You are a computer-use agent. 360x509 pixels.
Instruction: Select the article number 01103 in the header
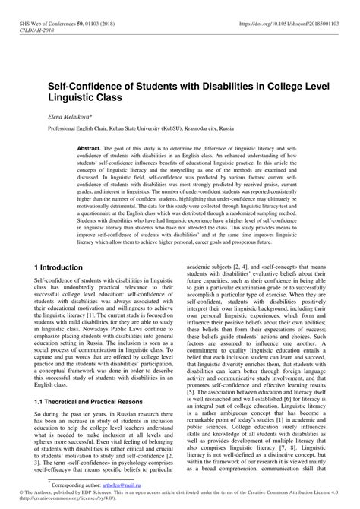click(94, 25)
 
